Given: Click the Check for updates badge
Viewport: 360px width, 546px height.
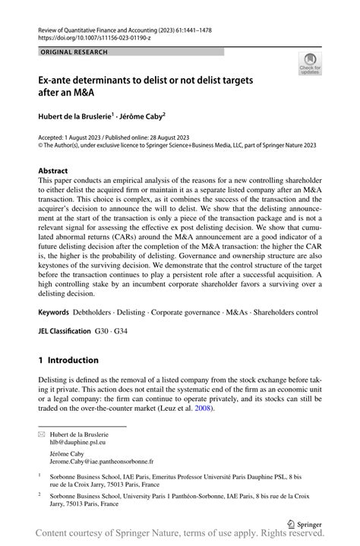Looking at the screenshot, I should click(x=309, y=65).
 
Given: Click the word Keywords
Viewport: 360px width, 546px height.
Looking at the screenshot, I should click(x=53, y=312).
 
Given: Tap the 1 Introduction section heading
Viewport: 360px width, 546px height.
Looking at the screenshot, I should click(x=68, y=360).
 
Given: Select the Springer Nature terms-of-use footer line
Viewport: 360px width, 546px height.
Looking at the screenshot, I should click(x=180, y=536).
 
